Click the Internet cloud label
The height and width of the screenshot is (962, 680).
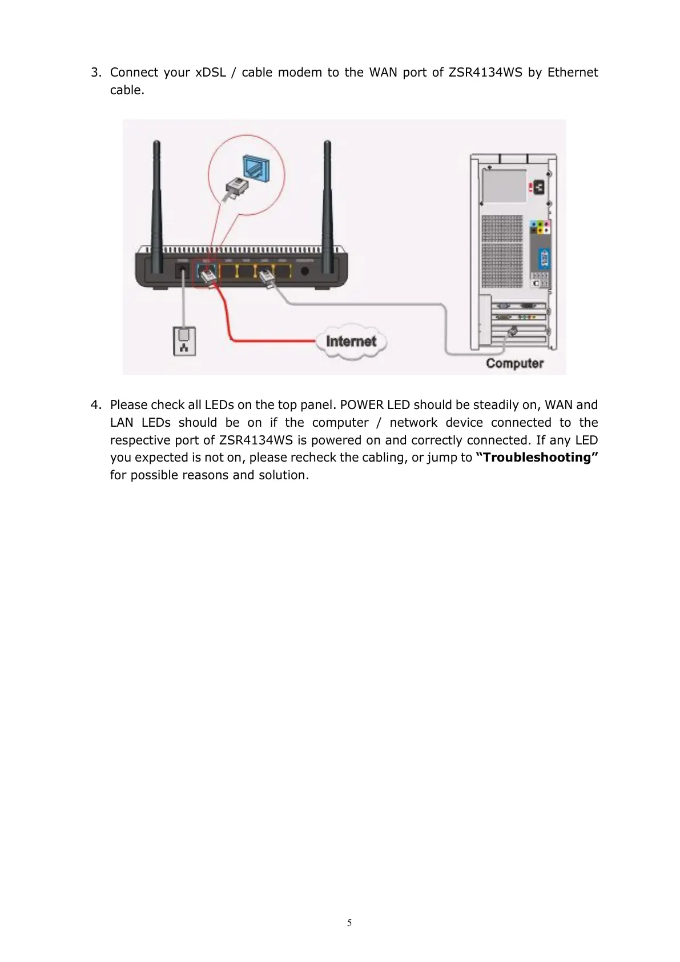[351, 342]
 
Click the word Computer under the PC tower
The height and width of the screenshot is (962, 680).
[514, 363]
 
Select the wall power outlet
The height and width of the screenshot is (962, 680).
[184, 340]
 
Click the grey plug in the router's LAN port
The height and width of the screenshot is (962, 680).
[267, 278]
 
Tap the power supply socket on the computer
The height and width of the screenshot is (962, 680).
[536, 187]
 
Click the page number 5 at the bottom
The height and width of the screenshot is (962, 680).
[349, 923]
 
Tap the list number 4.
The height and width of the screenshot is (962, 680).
[96, 405]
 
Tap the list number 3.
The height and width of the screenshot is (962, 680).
[96, 73]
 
